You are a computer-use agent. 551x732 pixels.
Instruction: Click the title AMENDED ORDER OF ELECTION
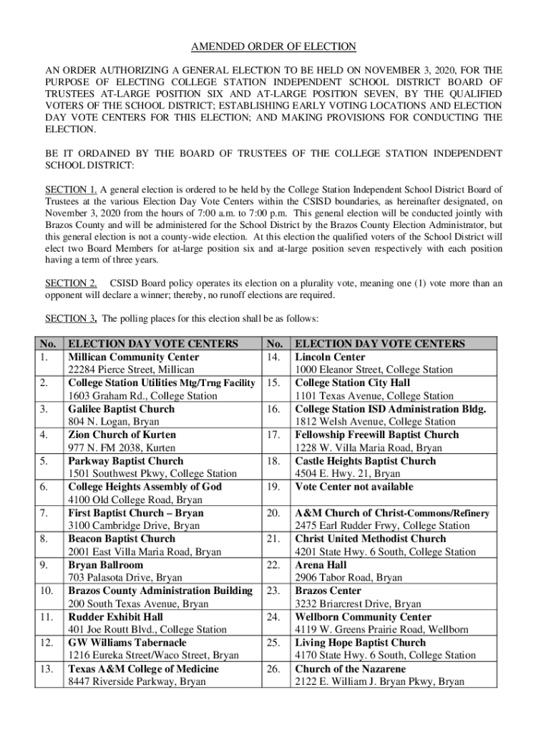click(273, 47)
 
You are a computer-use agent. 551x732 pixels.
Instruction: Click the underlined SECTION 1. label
click(71, 189)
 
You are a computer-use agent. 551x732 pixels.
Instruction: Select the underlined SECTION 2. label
click(71, 283)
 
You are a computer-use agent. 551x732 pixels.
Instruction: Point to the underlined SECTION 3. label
click(71, 317)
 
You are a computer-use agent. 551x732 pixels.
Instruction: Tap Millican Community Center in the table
click(133, 357)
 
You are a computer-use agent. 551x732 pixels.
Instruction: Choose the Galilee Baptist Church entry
click(121, 409)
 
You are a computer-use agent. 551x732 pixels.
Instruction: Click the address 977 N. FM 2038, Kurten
click(122, 448)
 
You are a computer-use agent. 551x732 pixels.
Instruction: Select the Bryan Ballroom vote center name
click(105, 565)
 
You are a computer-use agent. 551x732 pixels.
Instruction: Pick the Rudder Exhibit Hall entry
click(115, 617)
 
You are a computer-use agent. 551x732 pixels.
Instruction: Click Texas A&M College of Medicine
click(143, 669)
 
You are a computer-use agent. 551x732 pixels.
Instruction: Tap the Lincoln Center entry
click(330, 357)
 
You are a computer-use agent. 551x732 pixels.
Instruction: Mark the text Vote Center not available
click(354, 487)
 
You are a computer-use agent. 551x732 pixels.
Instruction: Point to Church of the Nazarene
click(351, 669)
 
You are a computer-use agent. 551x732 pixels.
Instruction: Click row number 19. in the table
click(272, 487)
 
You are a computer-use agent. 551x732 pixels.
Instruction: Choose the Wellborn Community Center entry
click(363, 617)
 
